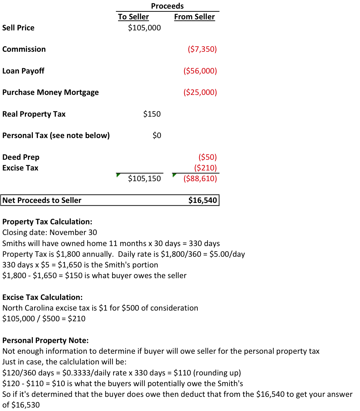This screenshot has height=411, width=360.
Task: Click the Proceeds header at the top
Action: pyautogui.click(x=167, y=6)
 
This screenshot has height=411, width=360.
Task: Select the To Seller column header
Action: pyautogui.click(x=133, y=17)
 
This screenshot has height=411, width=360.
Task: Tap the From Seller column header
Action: pyautogui.click(x=194, y=17)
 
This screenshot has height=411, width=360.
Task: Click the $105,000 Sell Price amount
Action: pyautogui.click(x=144, y=28)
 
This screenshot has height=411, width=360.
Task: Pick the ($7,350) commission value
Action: pyautogui.click(x=202, y=49)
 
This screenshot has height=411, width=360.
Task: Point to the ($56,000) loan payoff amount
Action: pyautogui.click(x=200, y=71)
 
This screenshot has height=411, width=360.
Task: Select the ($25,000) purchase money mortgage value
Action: pyautogui.click(x=200, y=92)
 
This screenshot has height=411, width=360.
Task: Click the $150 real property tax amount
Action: pyautogui.click(x=152, y=114)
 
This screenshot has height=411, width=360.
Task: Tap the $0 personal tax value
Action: pyautogui.click(x=157, y=135)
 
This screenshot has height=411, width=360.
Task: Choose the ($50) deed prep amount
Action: pyautogui.click(x=207, y=157)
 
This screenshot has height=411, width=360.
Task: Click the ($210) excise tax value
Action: pyautogui.click(x=205, y=168)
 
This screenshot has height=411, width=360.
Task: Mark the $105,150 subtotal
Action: pyautogui.click(x=144, y=178)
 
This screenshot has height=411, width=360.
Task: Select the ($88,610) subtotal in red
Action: pyautogui.click(x=200, y=178)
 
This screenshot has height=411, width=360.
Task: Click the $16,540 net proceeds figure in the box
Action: pyautogui.click(x=203, y=200)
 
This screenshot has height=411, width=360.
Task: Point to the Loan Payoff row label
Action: pyautogui.click(x=23, y=71)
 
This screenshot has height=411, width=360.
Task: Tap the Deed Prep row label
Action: pyautogui.click(x=21, y=157)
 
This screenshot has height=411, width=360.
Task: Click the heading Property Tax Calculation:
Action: pyautogui.click(x=47, y=222)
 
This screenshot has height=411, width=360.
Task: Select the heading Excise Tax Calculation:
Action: pyautogui.click(x=42, y=297)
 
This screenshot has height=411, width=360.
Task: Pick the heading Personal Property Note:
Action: pyautogui.click(x=46, y=340)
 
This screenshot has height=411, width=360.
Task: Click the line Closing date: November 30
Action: pyautogui.click(x=50, y=232)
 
